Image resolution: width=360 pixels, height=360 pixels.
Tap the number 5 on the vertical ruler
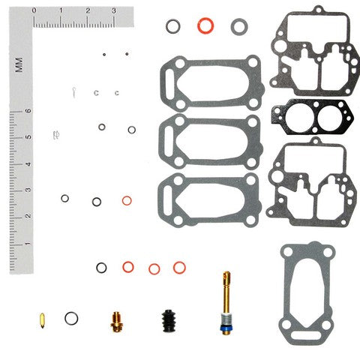pyautogui.click(x=28, y=137)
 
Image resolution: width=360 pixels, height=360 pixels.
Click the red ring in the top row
pyautogui.click(x=203, y=25)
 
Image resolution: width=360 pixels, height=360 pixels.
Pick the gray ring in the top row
pyautogui.click(x=238, y=26)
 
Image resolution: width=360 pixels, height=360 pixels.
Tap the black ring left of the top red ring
pyautogui.click(x=172, y=26)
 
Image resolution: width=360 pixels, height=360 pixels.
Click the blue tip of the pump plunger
pyautogui.click(x=224, y=327)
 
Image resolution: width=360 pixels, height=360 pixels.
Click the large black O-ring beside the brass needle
pyautogui.click(x=71, y=318)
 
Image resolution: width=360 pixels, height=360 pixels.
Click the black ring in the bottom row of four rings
pyautogui.click(x=101, y=268)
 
